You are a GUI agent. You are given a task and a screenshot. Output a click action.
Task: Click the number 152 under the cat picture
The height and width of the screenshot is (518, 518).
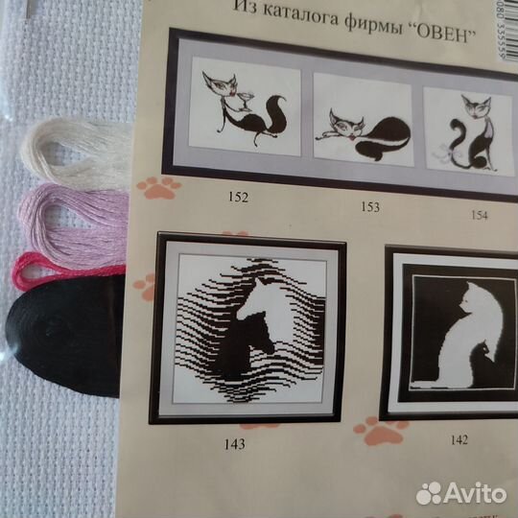click(x=239, y=199)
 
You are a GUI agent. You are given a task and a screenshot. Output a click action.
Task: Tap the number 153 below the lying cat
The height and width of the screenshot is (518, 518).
click(x=369, y=206)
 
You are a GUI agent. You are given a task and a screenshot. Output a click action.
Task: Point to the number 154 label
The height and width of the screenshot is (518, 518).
click(x=480, y=214)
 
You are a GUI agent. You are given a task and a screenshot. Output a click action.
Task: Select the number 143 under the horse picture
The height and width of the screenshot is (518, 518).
click(x=233, y=444)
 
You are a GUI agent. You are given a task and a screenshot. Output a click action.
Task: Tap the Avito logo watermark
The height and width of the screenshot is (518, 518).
click(x=461, y=492)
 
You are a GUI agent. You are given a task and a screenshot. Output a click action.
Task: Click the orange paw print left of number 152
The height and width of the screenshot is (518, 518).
click(x=157, y=186)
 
